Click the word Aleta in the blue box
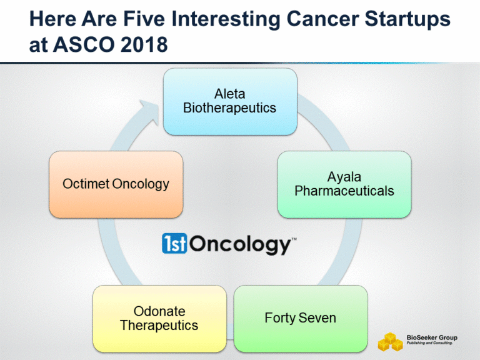[x=229, y=94]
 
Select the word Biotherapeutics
[x=229, y=107]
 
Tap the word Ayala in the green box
[x=344, y=177]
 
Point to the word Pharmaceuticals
[x=344, y=191]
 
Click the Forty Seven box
[x=301, y=318]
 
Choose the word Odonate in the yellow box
[x=159, y=311]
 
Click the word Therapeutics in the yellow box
[x=159, y=325]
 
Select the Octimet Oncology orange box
[x=116, y=184]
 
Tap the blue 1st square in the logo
[x=174, y=244]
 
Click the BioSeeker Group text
[x=432, y=337]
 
